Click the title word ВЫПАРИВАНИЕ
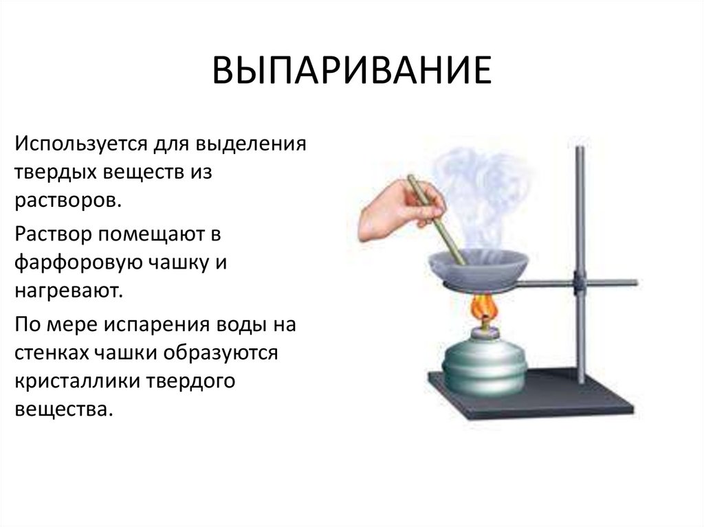click(351, 71)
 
